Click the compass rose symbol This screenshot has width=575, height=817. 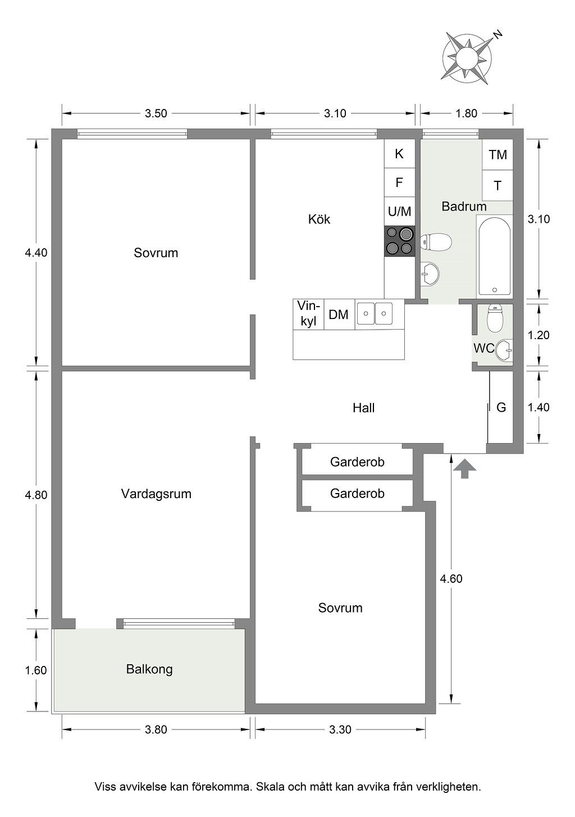tap(466, 58)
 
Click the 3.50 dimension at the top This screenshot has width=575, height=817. tap(156, 113)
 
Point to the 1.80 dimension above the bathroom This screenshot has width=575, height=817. tap(466, 113)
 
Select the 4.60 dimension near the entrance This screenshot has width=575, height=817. tap(451, 578)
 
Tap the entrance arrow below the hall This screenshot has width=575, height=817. tap(464, 469)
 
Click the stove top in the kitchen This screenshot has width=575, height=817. tap(399, 241)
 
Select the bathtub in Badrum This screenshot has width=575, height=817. tap(494, 256)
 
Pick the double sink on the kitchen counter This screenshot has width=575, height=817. tap(375, 314)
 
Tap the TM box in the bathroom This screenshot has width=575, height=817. tap(498, 154)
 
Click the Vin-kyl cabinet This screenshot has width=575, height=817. tap(308, 314)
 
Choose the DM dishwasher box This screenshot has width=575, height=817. tap(339, 314)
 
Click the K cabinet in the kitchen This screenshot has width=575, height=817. tap(399, 153)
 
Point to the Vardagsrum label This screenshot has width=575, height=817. tap(156, 494)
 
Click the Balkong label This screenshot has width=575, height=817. tap(149, 669)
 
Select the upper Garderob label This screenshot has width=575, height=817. tap(357, 462)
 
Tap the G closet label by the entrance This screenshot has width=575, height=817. tap(501, 408)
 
